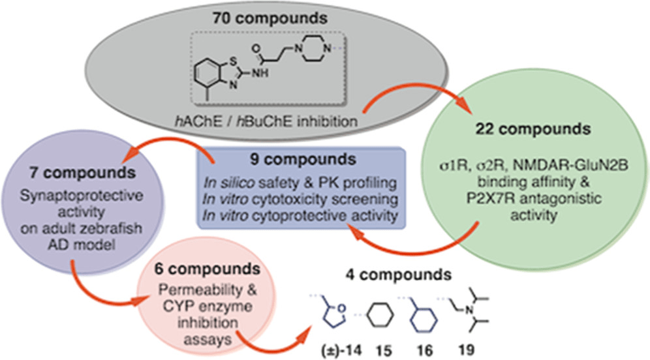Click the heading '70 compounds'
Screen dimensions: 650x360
tap(270, 18)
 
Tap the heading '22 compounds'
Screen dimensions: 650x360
tap(533, 129)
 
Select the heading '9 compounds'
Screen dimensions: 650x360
tap(303, 160)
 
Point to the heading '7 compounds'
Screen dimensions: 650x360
tap(82, 173)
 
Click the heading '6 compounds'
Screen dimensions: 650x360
tap(208, 269)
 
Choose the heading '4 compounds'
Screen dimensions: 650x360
tap(398, 275)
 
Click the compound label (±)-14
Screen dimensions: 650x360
tap(341, 350)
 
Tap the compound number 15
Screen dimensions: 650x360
tap(384, 350)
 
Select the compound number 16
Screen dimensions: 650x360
tap(424, 350)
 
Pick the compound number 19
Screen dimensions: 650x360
tap(467, 350)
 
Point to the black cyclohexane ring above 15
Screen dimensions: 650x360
tap(380, 315)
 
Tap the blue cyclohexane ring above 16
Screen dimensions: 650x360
tap(424, 320)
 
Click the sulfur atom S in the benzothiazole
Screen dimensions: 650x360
tap(234, 61)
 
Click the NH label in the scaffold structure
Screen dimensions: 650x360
tap(260, 73)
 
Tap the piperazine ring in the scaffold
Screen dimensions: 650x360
tap(313, 49)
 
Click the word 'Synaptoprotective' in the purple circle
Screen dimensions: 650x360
tap(82, 196)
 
